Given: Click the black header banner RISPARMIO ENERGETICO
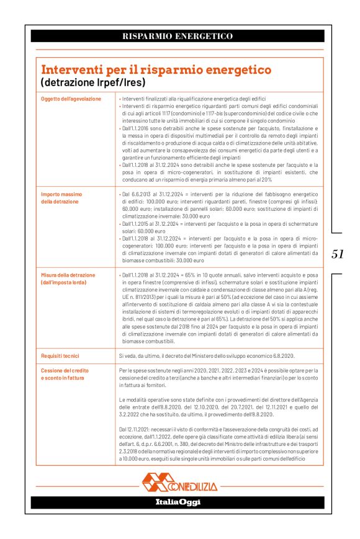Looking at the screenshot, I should click(178, 36).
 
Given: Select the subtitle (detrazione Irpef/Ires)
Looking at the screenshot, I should click(92, 82).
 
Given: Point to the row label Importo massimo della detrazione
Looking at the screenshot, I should click(61, 198).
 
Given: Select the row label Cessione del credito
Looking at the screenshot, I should click(65, 370).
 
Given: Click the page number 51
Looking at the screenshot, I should click(338, 254).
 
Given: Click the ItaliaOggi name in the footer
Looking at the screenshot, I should click(178, 502).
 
